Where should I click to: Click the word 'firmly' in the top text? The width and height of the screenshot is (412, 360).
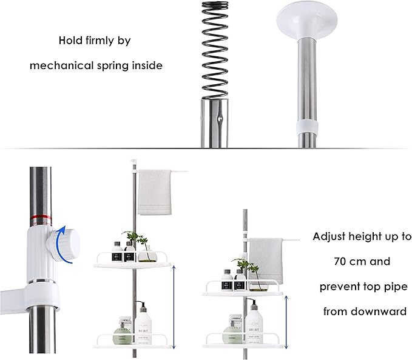(98, 41)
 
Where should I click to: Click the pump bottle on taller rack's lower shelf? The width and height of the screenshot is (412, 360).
(143, 324)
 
